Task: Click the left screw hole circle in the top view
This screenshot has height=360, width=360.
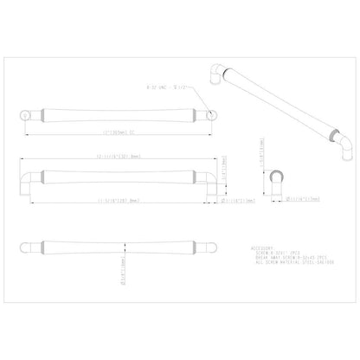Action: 24,115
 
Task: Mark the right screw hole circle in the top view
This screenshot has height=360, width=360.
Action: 205,115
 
